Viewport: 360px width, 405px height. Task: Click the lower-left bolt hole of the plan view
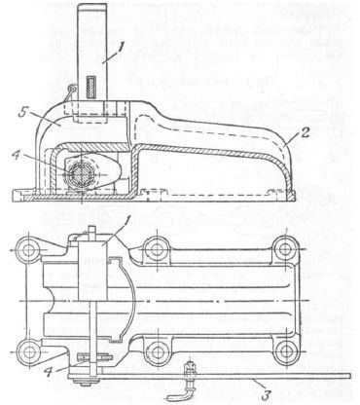[x=31, y=348]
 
